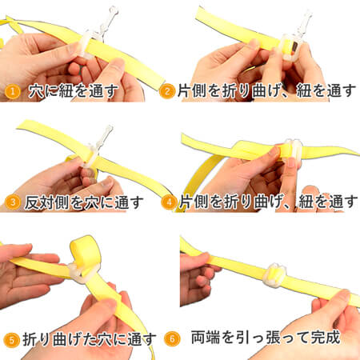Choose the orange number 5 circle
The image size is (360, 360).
tap(11, 338)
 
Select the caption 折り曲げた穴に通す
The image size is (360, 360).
tap(88, 338)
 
